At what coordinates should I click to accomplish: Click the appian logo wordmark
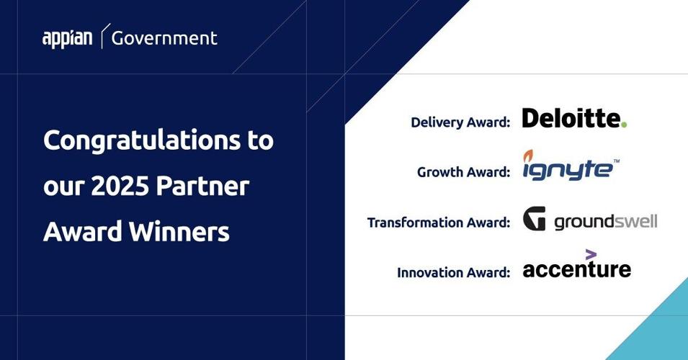67,38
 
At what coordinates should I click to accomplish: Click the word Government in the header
164,37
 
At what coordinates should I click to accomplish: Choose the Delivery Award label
460,122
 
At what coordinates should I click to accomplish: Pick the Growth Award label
463,173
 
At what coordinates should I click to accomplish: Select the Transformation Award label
439,222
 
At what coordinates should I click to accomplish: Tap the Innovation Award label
453,273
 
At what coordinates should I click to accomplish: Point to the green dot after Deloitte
624,125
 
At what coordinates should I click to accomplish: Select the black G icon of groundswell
534,218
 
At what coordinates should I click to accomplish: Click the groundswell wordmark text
605,222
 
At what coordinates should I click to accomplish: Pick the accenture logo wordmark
576,269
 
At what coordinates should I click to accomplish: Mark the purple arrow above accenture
591,253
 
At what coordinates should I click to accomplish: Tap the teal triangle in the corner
659,331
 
